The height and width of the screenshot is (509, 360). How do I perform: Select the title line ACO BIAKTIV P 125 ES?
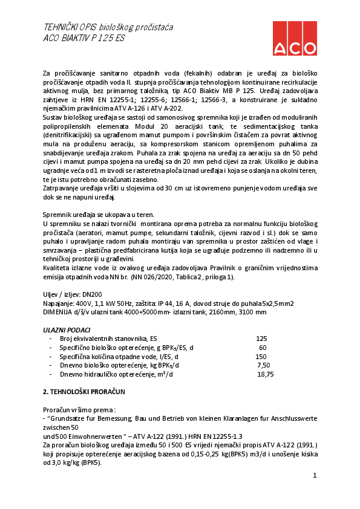(x=83, y=37)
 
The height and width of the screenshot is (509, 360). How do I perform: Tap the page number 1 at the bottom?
(x=315, y=476)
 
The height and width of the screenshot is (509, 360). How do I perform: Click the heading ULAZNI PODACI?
(x=67, y=331)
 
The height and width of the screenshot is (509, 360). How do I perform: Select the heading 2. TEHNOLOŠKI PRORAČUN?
(x=83, y=392)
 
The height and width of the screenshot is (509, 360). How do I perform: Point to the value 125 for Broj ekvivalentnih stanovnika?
(x=261, y=339)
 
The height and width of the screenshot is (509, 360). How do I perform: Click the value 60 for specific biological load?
(x=263, y=348)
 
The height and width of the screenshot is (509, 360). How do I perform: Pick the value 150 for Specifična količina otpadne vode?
(x=261, y=357)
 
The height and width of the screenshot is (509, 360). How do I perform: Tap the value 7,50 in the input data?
(x=263, y=365)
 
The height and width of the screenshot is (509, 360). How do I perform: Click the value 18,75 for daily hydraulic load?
(x=265, y=374)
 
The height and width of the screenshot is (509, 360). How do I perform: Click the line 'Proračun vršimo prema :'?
(x=79, y=409)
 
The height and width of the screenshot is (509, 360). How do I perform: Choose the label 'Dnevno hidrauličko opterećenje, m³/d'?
(x=116, y=374)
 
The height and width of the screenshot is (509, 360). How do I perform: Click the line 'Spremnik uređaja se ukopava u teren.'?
(x=98, y=215)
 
